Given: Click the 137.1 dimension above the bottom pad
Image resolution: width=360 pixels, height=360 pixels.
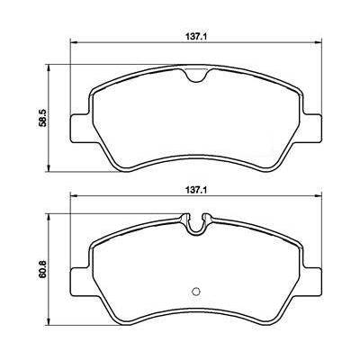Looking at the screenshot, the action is pos(196,190).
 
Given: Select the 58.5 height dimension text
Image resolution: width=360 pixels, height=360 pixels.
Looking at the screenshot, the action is pos(43,118).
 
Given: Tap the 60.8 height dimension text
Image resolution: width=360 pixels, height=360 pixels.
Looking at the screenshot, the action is pos(43,270).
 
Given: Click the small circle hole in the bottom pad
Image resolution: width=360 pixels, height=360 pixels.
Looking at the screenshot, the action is pos(196,291).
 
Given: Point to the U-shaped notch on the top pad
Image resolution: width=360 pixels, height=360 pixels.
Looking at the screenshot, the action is pos(196,76).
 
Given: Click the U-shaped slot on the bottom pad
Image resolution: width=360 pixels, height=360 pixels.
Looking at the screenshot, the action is pos(196,226).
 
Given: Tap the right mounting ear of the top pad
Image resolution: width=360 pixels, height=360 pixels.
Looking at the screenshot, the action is pos(312,129).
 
